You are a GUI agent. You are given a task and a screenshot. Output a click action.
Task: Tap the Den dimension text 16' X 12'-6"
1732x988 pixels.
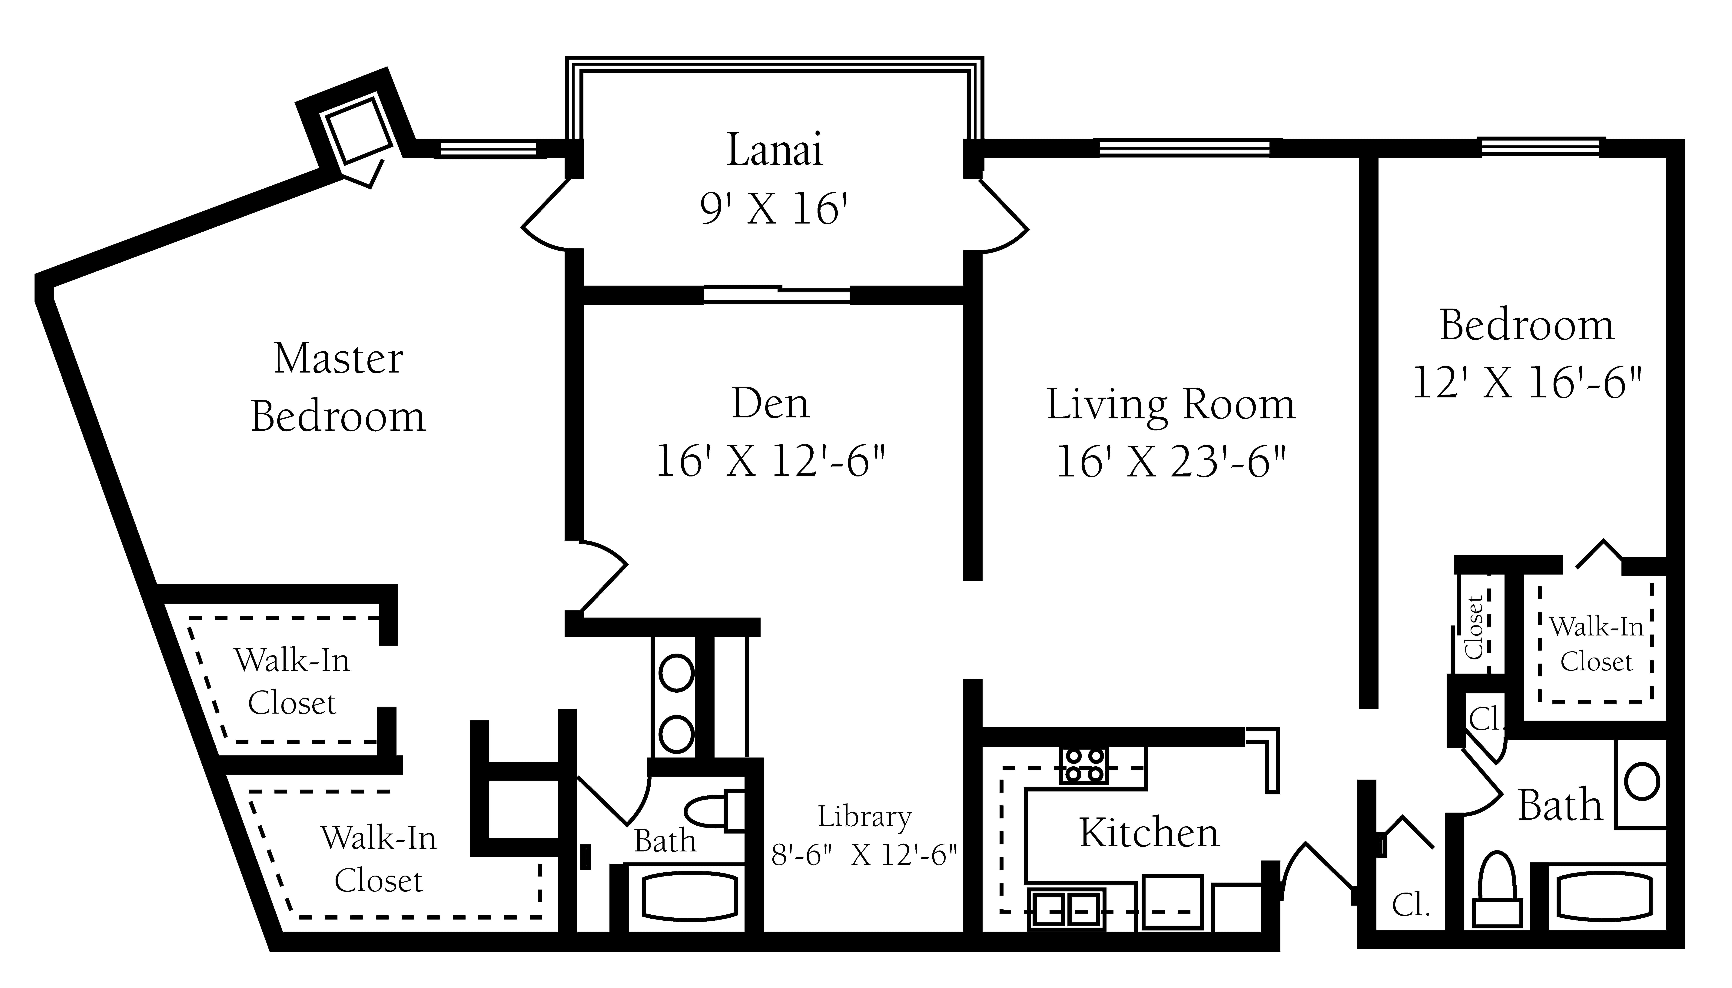coord(771,462)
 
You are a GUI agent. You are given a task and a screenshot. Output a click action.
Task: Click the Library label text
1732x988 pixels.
coord(864,816)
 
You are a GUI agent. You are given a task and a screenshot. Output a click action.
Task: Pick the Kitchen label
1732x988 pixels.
coord(1149,833)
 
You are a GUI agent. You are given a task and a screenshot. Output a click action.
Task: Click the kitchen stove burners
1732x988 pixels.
coord(1084,765)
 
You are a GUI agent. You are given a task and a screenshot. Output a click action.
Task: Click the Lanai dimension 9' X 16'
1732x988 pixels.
coord(775,208)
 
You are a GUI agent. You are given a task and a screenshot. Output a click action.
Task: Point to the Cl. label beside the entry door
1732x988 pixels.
coord(1411,905)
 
